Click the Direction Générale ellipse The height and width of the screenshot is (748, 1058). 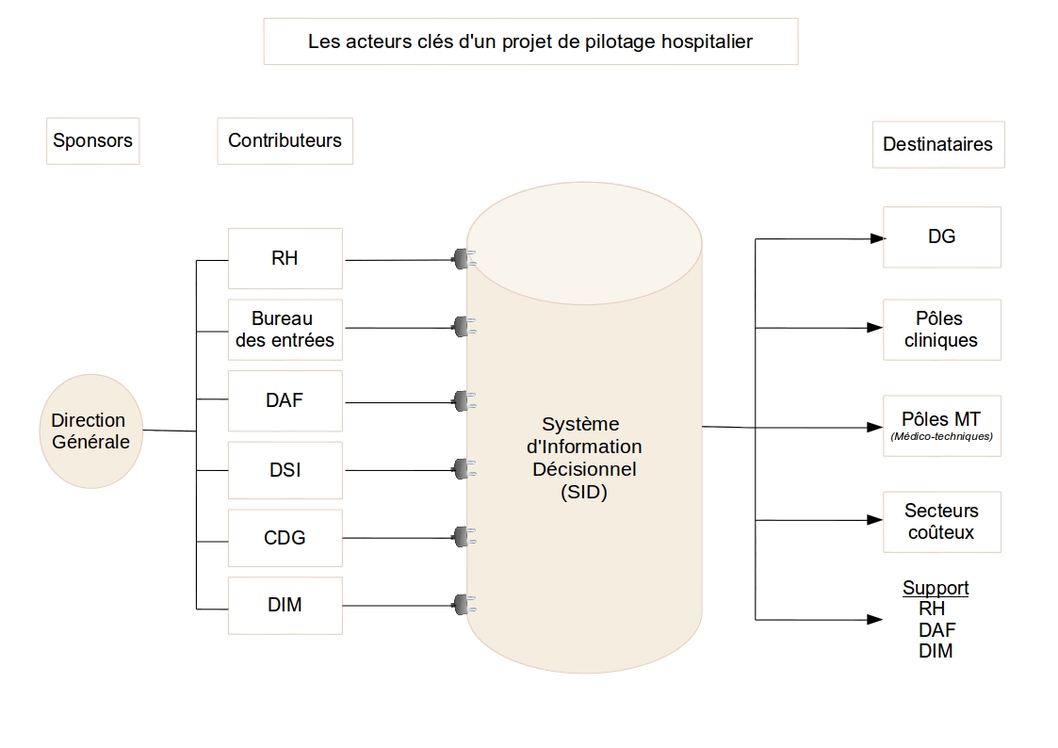coord(91,431)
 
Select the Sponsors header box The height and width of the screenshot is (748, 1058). coord(93,141)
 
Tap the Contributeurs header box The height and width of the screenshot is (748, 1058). coord(285,141)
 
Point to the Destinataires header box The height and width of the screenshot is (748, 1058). coord(938,144)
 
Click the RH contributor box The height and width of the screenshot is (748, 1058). coord(285,258)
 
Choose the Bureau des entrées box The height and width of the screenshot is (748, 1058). coord(285,330)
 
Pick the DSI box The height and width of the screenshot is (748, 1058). coord(285,470)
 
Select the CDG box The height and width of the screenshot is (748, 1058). coord(285,538)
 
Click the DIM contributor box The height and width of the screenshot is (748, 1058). coord(285,605)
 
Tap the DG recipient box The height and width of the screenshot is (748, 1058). coord(941,236)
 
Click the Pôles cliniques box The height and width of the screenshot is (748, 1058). coord(941,330)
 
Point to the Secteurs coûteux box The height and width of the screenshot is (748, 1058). coord(941,522)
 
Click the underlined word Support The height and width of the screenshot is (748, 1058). coord(936,588)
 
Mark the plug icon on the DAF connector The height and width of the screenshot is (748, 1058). coord(464,401)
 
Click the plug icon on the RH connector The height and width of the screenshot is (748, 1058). coord(464,259)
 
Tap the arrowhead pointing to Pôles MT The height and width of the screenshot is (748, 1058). coord(875,427)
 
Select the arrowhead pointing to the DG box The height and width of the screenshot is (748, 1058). coord(877,238)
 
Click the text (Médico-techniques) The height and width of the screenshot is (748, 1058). coord(941,436)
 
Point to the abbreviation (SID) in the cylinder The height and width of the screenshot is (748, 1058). coord(584,493)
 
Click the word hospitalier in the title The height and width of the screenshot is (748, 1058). coord(707,41)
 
